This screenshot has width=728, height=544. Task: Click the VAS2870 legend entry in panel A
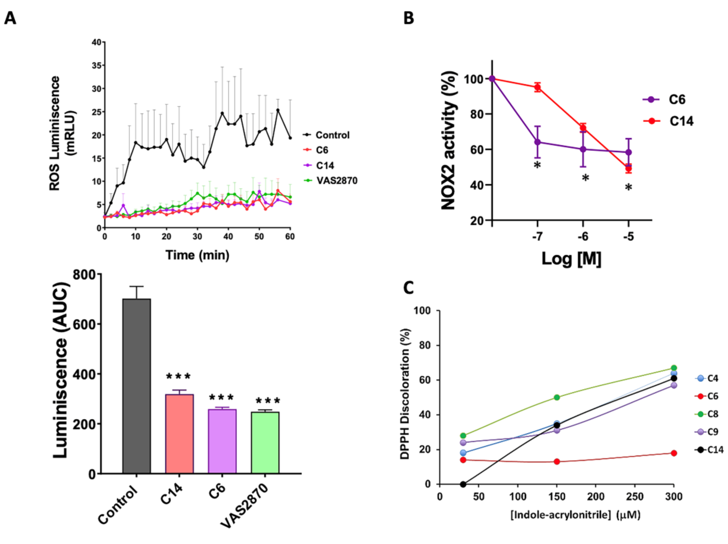click(330, 180)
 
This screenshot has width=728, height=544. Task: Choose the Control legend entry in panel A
click(326, 135)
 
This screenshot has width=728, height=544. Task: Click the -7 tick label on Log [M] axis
click(537, 236)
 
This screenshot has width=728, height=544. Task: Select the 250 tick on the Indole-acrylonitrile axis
click(634, 496)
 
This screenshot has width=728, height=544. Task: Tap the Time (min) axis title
click(197, 255)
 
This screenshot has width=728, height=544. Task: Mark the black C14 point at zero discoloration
click(463, 484)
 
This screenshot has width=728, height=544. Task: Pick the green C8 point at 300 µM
click(674, 368)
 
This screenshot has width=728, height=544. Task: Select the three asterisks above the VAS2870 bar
click(268, 401)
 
